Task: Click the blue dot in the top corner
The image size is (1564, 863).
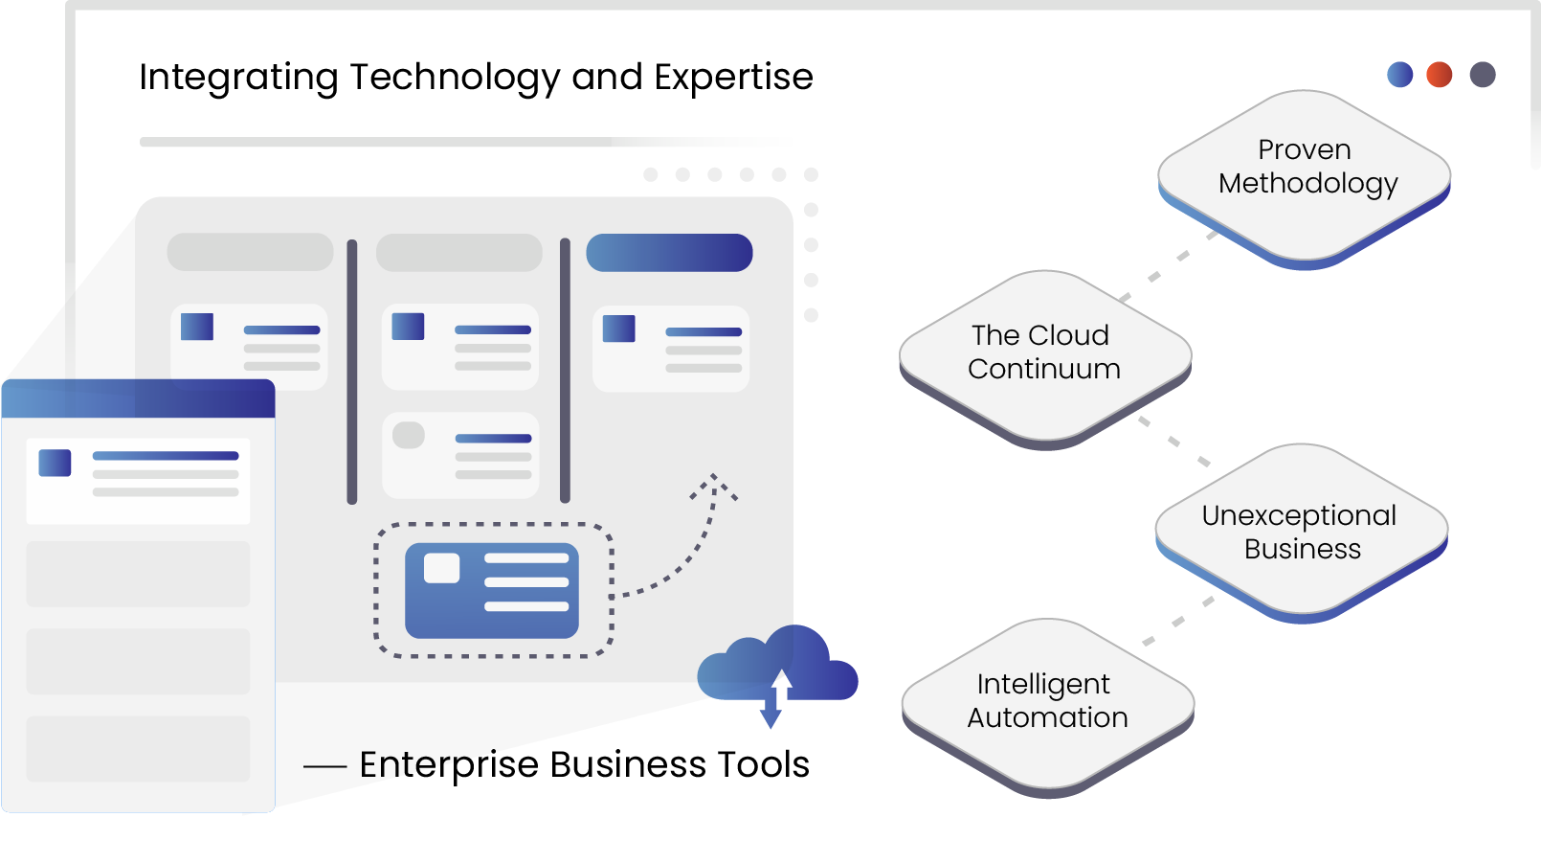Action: (x=1399, y=75)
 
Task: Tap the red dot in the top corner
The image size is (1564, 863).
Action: (x=1439, y=75)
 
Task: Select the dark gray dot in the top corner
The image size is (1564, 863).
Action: (x=1483, y=75)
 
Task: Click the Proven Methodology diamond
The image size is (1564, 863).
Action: (x=1305, y=172)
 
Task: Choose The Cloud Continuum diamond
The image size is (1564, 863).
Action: (x=1044, y=353)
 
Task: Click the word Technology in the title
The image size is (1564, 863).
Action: (x=455, y=78)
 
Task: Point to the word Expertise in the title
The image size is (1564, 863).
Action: (x=733, y=78)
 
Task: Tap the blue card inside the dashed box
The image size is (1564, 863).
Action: (x=492, y=591)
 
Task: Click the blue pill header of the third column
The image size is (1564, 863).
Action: (x=669, y=253)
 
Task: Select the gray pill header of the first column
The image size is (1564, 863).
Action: (x=250, y=252)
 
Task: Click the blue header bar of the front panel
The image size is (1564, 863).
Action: (x=139, y=398)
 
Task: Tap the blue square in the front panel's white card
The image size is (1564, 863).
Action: (x=55, y=463)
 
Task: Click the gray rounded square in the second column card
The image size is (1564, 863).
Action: (x=409, y=435)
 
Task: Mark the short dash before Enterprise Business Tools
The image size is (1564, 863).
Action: (x=324, y=766)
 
